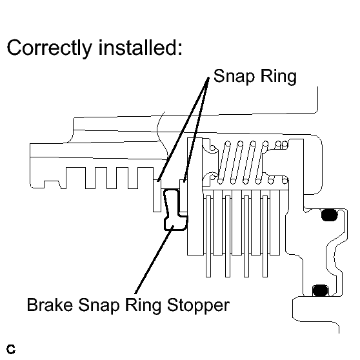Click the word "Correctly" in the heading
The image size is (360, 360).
[x=50, y=49]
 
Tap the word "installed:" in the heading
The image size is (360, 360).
[x=140, y=47]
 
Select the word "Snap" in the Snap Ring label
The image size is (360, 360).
[x=234, y=77]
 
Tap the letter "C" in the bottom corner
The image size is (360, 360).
[x=11, y=349]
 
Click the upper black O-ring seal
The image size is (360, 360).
[x=329, y=215]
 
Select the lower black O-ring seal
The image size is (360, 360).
[x=320, y=290]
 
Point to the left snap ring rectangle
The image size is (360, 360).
[x=157, y=195]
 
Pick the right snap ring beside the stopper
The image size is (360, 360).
[x=183, y=196]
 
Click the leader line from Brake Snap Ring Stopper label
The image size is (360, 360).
[x=154, y=259]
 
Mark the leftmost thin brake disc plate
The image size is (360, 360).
[x=208, y=236]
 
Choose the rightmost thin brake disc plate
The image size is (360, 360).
[x=265, y=236]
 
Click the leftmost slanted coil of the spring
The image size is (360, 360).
[x=224, y=163]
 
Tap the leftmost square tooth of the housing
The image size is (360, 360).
[x=75, y=178]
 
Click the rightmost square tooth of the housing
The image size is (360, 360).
[x=146, y=178]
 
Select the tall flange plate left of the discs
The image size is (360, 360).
[x=195, y=196]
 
